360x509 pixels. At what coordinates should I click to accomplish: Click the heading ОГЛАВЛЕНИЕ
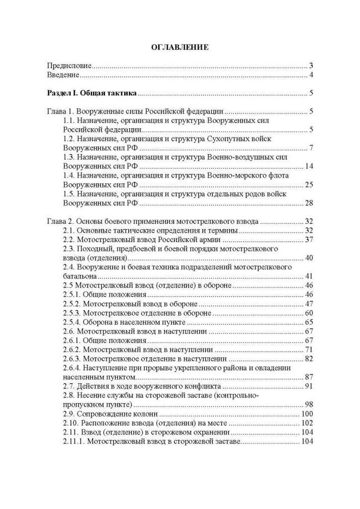tap(180, 47)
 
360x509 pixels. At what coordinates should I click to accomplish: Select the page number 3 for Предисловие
tap(310, 66)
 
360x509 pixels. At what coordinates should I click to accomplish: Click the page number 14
tap(308, 166)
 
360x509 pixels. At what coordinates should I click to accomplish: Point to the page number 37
tap(308, 240)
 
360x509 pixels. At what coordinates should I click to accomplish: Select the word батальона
tap(79, 276)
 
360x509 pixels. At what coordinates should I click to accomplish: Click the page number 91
tap(308, 386)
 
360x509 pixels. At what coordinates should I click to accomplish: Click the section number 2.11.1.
tap(73, 441)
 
